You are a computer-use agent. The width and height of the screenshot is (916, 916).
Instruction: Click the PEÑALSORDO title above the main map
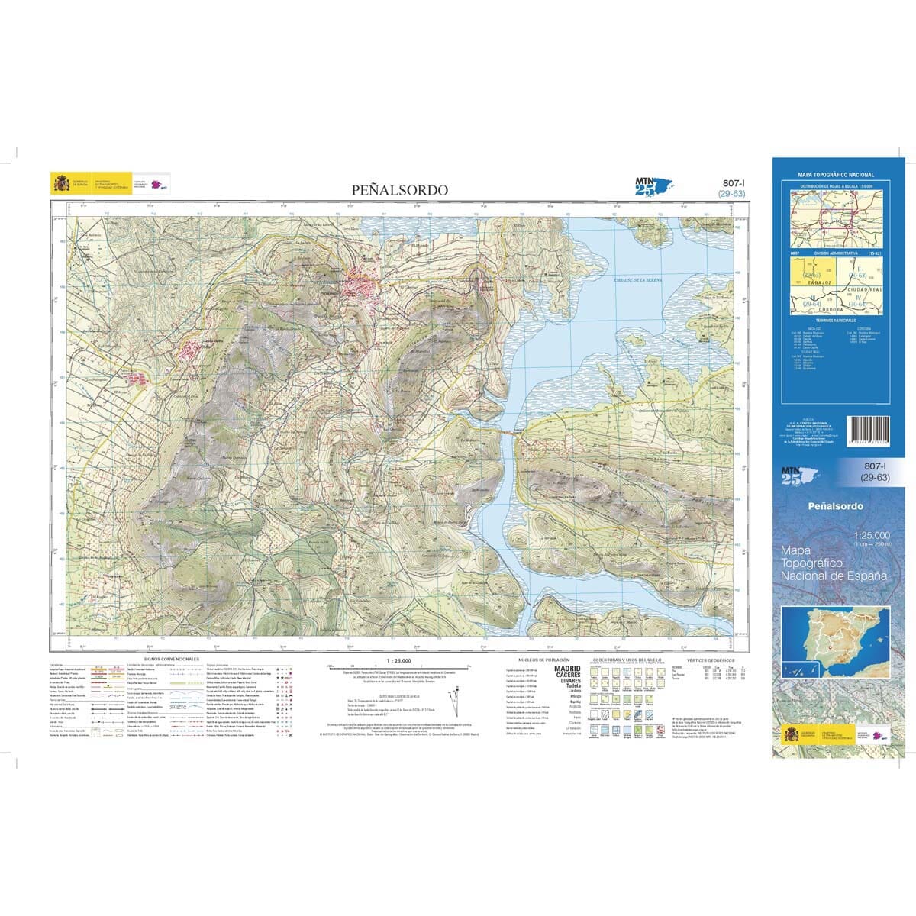(399, 190)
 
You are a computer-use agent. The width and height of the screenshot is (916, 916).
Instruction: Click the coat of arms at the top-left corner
(60, 184)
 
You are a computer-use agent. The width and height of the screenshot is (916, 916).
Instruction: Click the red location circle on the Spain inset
(824, 648)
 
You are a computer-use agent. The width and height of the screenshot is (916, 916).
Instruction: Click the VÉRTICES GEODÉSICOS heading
(710, 658)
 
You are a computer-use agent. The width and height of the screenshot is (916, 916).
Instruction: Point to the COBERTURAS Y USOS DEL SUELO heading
(626, 658)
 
